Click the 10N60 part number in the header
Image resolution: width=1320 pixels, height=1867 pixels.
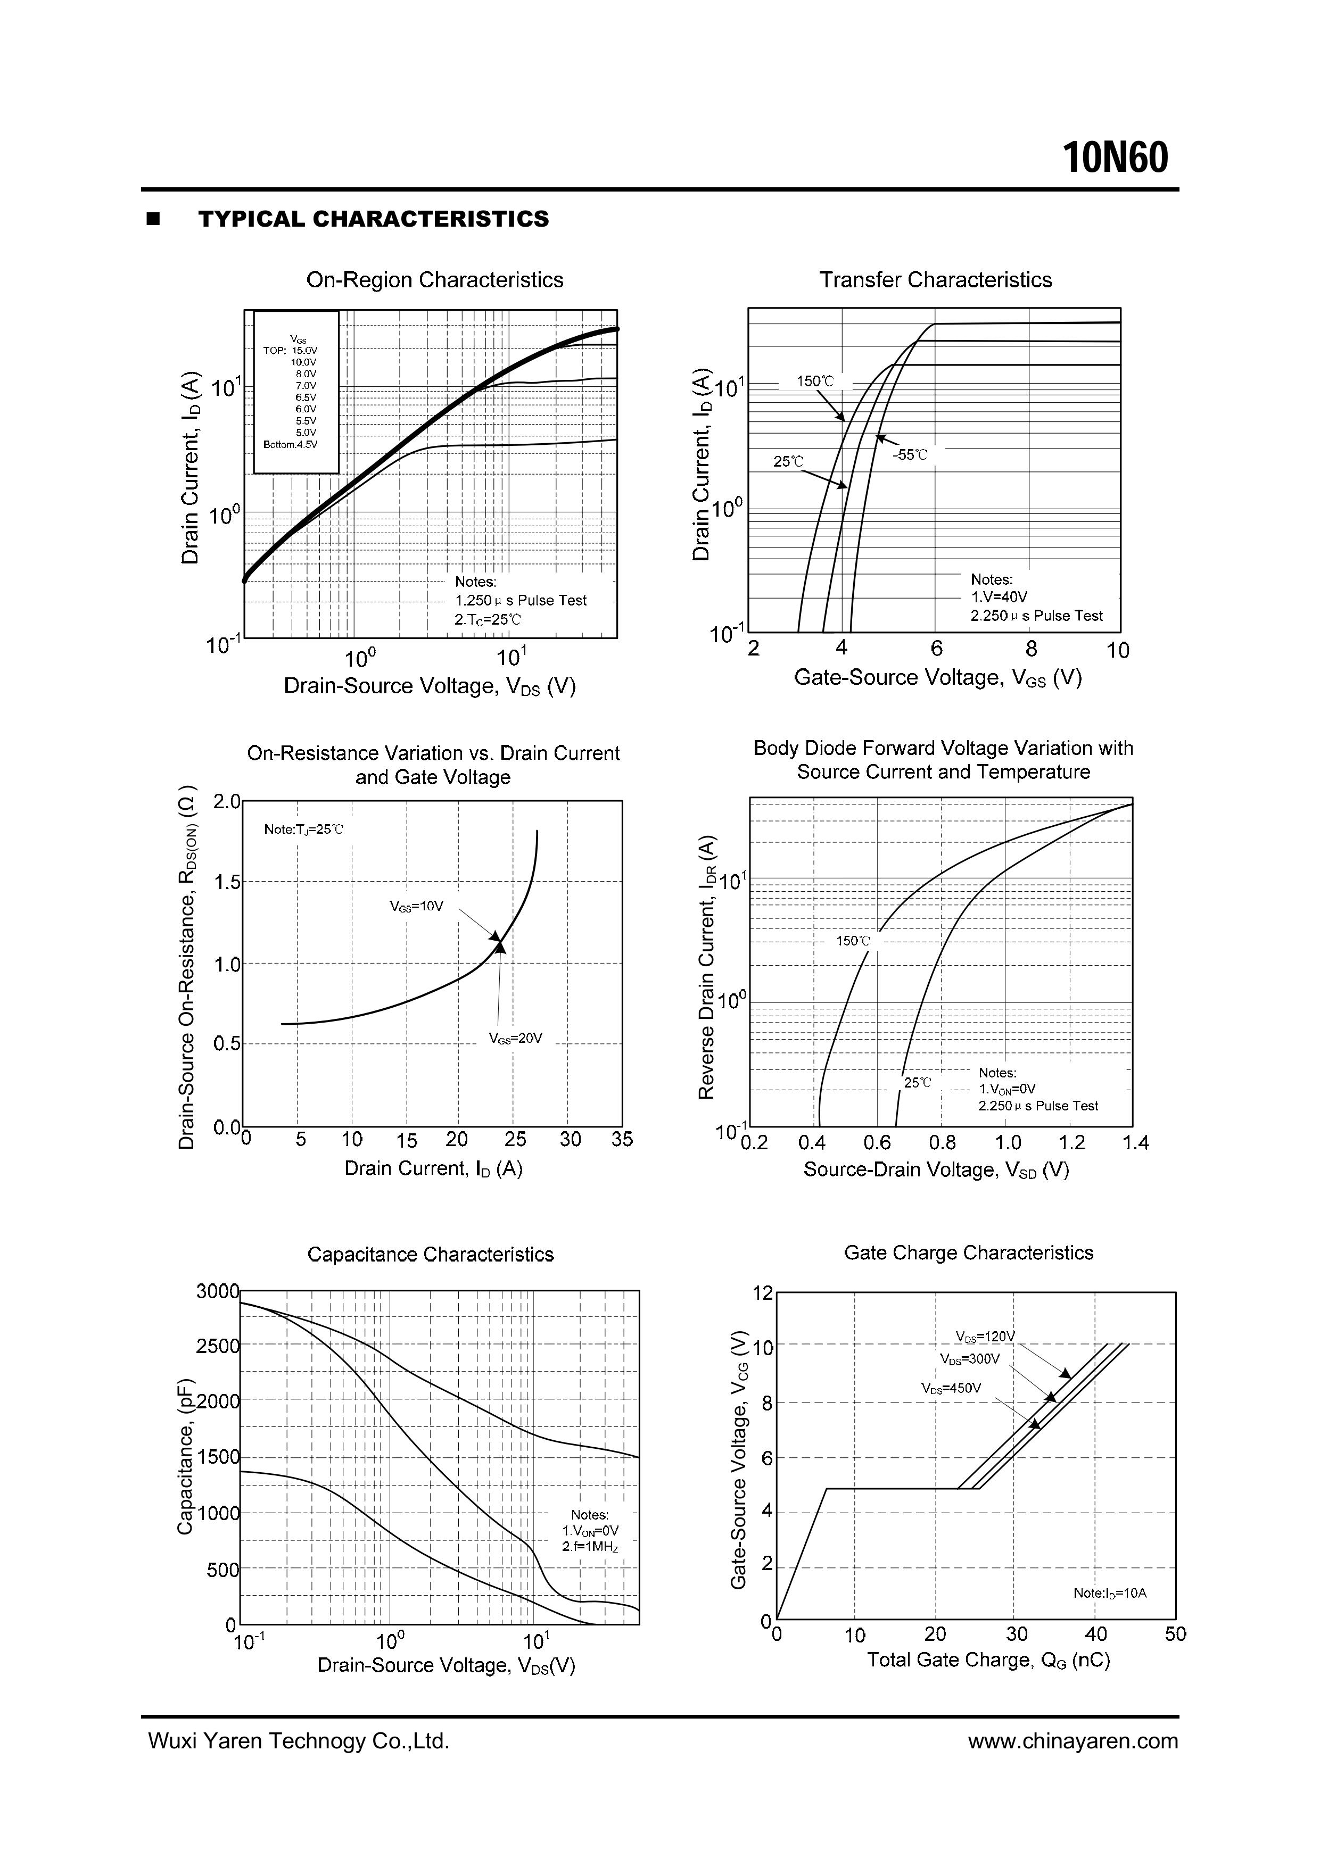point(1116,157)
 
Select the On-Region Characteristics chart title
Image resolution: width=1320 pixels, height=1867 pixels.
point(434,280)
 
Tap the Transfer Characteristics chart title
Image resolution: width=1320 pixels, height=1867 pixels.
point(935,280)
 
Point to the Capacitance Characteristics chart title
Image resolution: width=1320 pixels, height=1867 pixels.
point(430,1254)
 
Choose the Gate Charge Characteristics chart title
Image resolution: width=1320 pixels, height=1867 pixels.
point(969,1252)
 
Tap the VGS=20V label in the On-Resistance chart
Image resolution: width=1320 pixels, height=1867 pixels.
point(515,1039)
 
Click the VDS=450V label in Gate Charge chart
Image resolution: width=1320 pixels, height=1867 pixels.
point(951,1388)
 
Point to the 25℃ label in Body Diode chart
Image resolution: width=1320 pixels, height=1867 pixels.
point(918,1082)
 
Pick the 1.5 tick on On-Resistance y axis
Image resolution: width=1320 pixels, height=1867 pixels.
point(227,882)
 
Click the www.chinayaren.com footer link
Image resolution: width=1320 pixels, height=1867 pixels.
point(1072,1740)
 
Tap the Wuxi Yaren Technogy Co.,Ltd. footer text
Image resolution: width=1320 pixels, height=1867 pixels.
point(299,1740)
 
